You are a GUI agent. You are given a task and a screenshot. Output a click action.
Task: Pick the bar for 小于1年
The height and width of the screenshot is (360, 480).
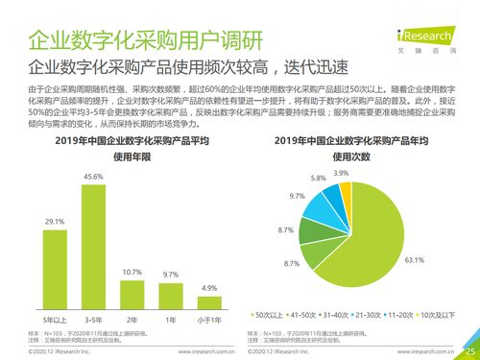pyautogui.click(x=209, y=301)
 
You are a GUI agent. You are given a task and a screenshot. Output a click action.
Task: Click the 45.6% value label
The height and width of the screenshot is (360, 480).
pyautogui.click(x=93, y=178)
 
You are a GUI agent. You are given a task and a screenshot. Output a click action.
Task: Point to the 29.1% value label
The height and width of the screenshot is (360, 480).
pyautogui.click(x=54, y=222)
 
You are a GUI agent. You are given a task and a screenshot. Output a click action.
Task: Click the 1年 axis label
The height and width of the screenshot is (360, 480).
pyautogui.click(x=171, y=319)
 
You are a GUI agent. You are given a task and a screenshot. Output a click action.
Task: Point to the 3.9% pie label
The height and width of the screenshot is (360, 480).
pyautogui.click(x=341, y=172)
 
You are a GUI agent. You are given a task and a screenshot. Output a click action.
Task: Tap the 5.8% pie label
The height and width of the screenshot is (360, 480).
pyautogui.click(x=318, y=178)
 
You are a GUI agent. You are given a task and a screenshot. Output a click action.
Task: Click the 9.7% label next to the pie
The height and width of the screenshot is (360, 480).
pyautogui.click(x=297, y=196)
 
